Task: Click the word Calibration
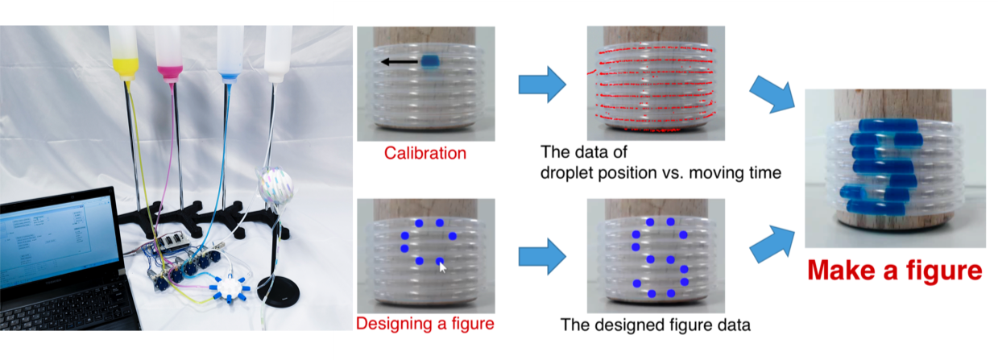click(x=424, y=153)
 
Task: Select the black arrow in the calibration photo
click(x=400, y=61)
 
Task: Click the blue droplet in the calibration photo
click(x=430, y=61)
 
